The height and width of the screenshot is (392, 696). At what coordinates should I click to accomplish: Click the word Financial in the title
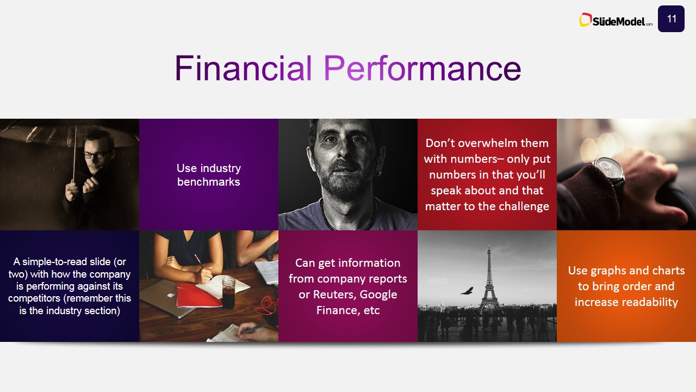point(243,68)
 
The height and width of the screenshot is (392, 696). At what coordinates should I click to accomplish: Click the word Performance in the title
point(422,68)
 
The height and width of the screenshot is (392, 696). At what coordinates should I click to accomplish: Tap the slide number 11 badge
point(671,19)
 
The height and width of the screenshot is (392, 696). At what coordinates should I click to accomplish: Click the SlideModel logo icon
point(585,20)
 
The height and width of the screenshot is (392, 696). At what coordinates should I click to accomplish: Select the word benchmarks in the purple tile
point(208,182)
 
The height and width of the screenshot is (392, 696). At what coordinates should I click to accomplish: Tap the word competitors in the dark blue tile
point(34,298)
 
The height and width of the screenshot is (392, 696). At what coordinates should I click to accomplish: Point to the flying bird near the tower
point(467,291)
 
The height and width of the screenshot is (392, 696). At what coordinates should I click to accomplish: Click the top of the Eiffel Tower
point(489,246)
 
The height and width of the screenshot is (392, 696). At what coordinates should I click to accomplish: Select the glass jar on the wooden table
point(228,292)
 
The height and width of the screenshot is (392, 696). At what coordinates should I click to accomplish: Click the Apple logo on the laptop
point(170,295)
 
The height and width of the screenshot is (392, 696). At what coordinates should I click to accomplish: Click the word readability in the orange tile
point(626,302)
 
